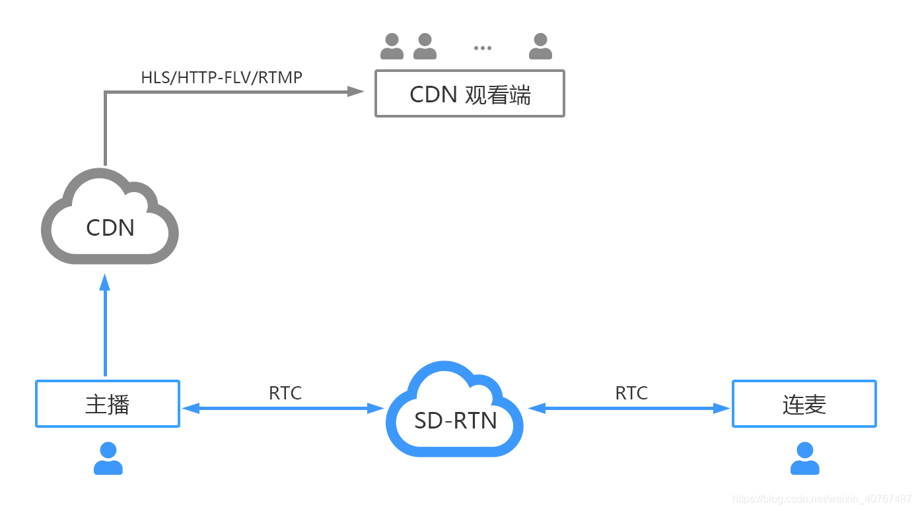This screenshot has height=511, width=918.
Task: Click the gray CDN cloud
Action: tap(110, 218)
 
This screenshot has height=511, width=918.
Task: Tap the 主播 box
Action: tap(108, 403)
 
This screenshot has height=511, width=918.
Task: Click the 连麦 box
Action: tap(804, 403)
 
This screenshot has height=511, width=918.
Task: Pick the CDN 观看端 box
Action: tap(470, 94)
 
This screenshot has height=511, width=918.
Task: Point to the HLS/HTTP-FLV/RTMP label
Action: tap(221, 77)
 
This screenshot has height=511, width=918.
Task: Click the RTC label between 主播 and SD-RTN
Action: tap(285, 393)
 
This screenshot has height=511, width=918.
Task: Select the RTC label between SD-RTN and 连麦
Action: tap(631, 393)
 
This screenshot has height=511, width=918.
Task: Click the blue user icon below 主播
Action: tap(108, 459)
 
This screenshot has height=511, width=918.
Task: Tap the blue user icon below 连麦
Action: tap(804, 459)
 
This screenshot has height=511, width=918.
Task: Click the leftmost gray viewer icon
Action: tap(392, 47)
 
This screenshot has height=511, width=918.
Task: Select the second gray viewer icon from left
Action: tap(425, 47)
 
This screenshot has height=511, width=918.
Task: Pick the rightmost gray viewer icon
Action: tap(540, 47)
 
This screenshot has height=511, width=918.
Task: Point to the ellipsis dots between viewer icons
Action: tap(483, 48)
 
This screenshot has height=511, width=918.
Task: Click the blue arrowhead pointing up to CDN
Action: tap(104, 282)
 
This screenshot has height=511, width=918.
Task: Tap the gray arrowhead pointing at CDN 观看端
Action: tap(356, 91)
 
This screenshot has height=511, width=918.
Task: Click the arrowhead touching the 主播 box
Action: tap(190, 409)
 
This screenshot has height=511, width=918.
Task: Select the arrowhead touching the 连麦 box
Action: tap(722, 409)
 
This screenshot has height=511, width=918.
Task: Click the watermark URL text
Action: tap(822, 498)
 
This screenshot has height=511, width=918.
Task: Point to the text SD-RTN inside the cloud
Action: tap(456, 421)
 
